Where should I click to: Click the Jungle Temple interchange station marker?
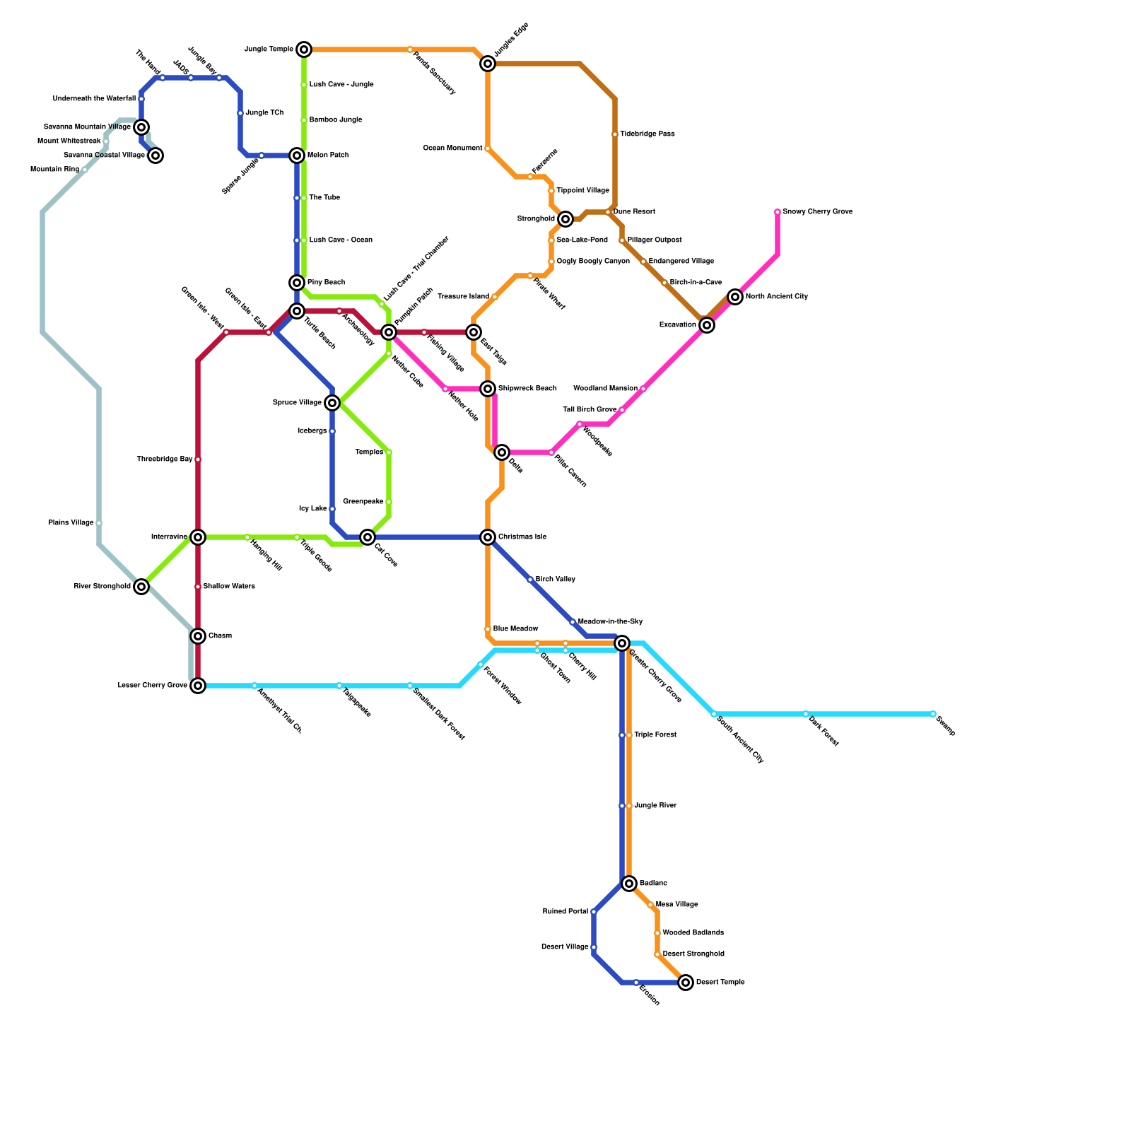[304, 49]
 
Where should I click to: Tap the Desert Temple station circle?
[686, 983]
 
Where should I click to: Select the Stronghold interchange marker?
[565, 219]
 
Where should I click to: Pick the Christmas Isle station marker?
[488, 537]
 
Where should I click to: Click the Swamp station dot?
[933, 714]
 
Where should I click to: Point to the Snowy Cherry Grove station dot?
[778, 212]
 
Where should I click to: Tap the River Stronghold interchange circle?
[141, 587]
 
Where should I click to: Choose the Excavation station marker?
[707, 325]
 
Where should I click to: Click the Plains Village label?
[71, 523]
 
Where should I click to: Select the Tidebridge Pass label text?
[647, 134]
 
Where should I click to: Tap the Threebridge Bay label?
[165, 459]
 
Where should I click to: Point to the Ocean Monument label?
[452, 148]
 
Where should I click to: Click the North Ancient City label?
[776, 297]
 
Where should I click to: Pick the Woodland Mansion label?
[605, 389]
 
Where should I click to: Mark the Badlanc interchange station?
[629, 884]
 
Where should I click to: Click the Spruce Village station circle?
[332, 403]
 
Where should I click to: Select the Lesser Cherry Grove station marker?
[198, 686]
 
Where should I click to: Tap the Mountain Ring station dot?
[85, 170]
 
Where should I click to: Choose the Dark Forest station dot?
[806, 714]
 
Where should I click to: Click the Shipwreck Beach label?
[527, 389]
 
